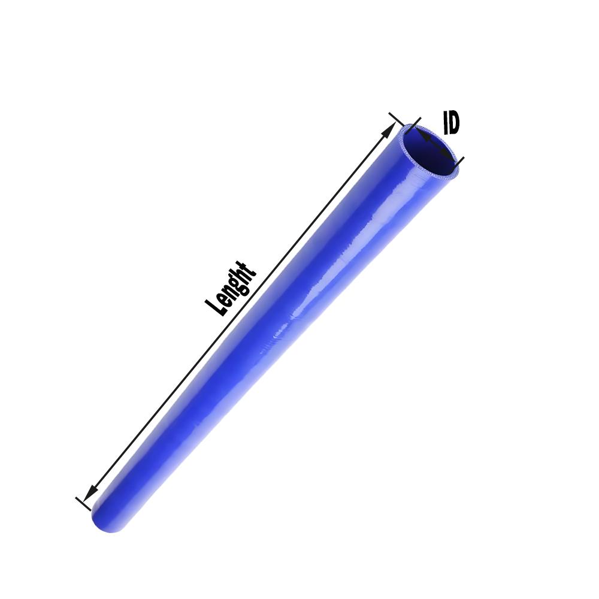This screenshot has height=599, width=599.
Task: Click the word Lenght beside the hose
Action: click(231, 289)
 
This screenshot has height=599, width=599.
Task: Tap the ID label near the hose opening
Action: click(451, 122)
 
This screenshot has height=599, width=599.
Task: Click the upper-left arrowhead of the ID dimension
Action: click(420, 136)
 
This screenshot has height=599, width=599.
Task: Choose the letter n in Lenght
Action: click(228, 293)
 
